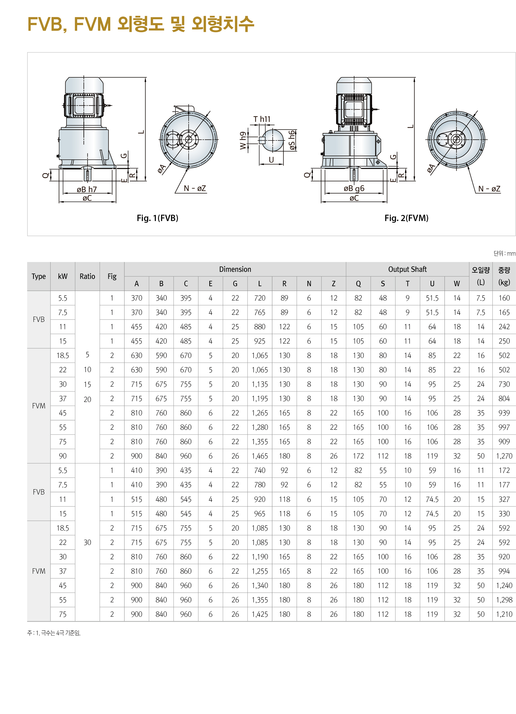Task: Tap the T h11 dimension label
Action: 261,119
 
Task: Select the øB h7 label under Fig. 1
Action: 87,189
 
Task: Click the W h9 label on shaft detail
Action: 243,140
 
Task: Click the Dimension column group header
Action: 235,269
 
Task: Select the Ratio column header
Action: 87,276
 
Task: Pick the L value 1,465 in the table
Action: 259,456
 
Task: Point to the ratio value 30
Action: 87,542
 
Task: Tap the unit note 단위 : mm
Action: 504,253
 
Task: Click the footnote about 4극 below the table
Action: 54,633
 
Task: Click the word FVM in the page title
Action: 92,24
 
